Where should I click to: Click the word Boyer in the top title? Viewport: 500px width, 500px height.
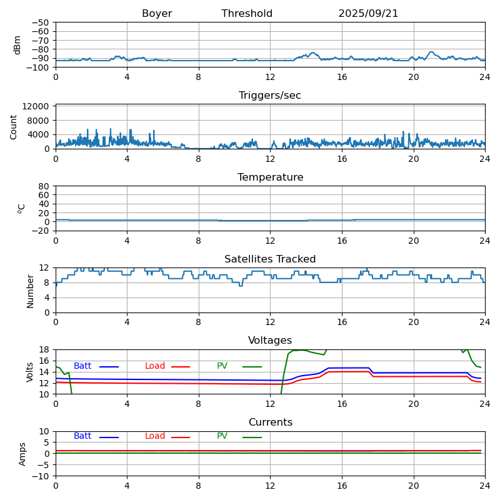point(157,14)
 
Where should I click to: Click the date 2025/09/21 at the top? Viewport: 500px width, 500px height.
point(368,14)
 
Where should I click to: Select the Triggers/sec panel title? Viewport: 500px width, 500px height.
point(270,96)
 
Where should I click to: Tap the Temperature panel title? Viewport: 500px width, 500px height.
point(270,177)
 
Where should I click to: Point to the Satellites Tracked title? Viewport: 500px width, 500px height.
point(270,259)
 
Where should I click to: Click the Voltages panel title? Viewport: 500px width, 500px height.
point(270,341)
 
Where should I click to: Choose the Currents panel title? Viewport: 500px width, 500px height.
point(270,422)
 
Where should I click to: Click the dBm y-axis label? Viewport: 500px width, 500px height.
point(17,45)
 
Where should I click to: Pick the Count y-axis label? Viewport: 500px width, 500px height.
point(14,127)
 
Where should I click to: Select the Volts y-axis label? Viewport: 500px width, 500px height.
point(31,372)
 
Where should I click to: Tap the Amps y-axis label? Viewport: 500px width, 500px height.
point(23,454)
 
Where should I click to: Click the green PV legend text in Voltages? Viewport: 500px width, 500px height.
point(223,366)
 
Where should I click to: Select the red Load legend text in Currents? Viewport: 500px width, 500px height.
point(155,436)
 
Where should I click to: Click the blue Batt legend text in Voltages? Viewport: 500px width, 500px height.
point(82,366)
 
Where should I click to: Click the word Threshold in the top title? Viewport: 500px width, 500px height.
point(247,14)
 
